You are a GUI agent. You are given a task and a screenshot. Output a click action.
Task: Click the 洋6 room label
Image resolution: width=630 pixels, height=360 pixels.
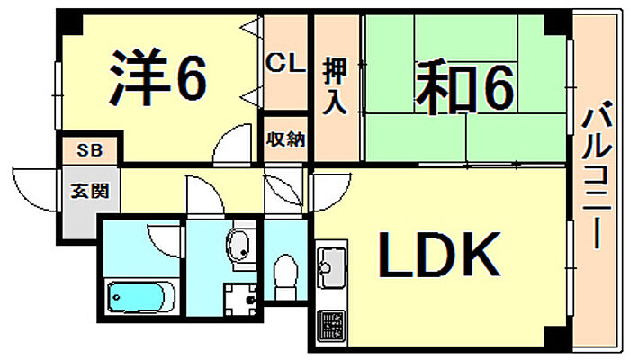(x=158, y=78)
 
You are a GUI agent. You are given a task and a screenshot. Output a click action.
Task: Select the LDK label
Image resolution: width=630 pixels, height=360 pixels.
(x=437, y=254)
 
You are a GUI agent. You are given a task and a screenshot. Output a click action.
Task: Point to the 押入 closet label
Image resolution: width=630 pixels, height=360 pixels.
(x=336, y=85)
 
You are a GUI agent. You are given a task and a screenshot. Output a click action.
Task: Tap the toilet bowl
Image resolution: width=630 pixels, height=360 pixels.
(x=285, y=273)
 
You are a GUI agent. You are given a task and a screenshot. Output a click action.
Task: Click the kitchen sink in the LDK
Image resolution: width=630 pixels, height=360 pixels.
(x=329, y=266)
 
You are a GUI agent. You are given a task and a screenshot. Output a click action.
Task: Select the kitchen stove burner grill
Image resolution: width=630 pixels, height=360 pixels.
(x=330, y=321)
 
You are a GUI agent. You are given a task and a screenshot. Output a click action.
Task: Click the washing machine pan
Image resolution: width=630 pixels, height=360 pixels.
(x=239, y=298)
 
